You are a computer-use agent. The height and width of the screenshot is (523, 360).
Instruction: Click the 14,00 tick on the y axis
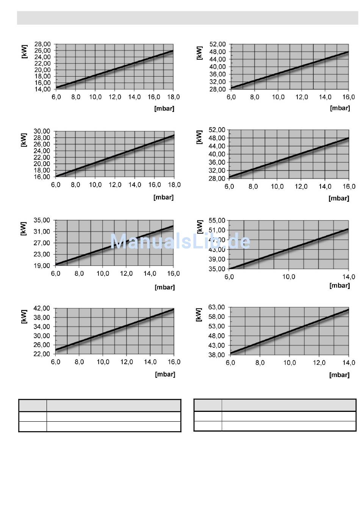(42, 90)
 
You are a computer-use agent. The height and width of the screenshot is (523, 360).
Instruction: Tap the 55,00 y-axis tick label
(217, 221)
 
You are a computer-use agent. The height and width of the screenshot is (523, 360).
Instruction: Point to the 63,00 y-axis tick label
(216, 307)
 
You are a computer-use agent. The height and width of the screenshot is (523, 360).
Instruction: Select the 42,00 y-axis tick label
(42, 308)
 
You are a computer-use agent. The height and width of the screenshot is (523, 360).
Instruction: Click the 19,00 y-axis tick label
(42, 266)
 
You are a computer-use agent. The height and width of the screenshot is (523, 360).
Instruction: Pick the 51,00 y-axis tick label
(217, 230)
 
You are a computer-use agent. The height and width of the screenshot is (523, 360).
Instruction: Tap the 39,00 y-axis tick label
(217, 259)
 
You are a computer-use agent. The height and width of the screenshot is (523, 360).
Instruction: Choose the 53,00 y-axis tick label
(216, 326)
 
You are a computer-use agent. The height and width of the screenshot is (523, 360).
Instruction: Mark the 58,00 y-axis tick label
(216, 317)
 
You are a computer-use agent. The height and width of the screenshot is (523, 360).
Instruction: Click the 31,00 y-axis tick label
(42, 232)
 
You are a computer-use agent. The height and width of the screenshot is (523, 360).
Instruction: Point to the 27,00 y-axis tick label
(42, 243)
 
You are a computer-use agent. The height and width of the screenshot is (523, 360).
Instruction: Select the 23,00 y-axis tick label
(42, 254)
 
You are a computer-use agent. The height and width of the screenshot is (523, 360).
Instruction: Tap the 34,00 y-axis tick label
(42, 327)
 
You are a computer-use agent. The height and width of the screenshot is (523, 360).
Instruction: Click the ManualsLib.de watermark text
(180, 241)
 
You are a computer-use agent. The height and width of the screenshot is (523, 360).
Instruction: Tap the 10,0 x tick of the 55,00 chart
(289, 277)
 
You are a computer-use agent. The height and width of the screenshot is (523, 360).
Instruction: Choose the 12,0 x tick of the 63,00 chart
(319, 363)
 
